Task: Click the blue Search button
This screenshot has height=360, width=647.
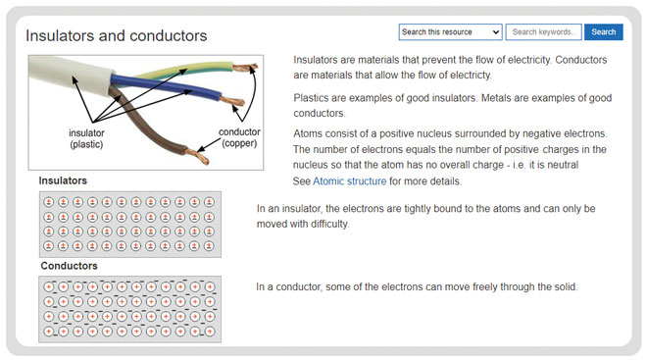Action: pyautogui.click(x=604, y=32)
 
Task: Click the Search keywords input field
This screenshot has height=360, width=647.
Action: pyautogui.click(x=544, y=32)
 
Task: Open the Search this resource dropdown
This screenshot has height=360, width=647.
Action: pyautogui.click(x=450, y=32)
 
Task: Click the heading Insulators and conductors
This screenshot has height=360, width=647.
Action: pyautogui.click(x=117, y=36)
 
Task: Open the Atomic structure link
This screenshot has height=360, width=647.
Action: pyautogui.click(x=350, y=181)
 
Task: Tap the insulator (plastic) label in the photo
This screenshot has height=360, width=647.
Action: pyautogui.click(x=86, y=138)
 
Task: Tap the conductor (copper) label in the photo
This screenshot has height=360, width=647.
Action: pyautogui.click(x=238, y=138)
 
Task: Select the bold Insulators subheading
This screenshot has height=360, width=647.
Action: pyautogui.click(x=63, y=181)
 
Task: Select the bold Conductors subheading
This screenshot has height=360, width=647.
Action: pyautogui.click(x=70, y=266)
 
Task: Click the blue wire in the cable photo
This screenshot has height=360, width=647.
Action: pyautogui.click(x=186, y=88)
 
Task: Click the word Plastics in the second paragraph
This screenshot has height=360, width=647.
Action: pyautogui.click(x=313, y=98)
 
